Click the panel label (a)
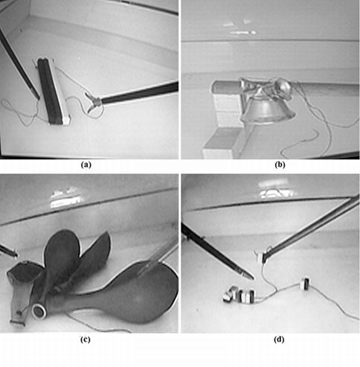click(x=86, y=165)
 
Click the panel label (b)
click(x=280, y=165)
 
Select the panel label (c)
click(x=86, y=339)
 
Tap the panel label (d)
click(x=279, y=339)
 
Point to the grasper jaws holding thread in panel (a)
click(x=92, y=103)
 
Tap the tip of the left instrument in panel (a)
click(x=38, y=98)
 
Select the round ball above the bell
click(x=283, y=86)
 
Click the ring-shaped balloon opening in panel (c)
click(x=39, y=311)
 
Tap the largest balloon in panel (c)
click(x=129, y=293)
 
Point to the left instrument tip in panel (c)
click(x=16, y=255)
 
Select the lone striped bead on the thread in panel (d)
click(x=305, y=284)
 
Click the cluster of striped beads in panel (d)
click(x=239, y=295)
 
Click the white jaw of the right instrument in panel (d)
click(x=260, y=257)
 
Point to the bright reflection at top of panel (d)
click(x=275, y=190)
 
